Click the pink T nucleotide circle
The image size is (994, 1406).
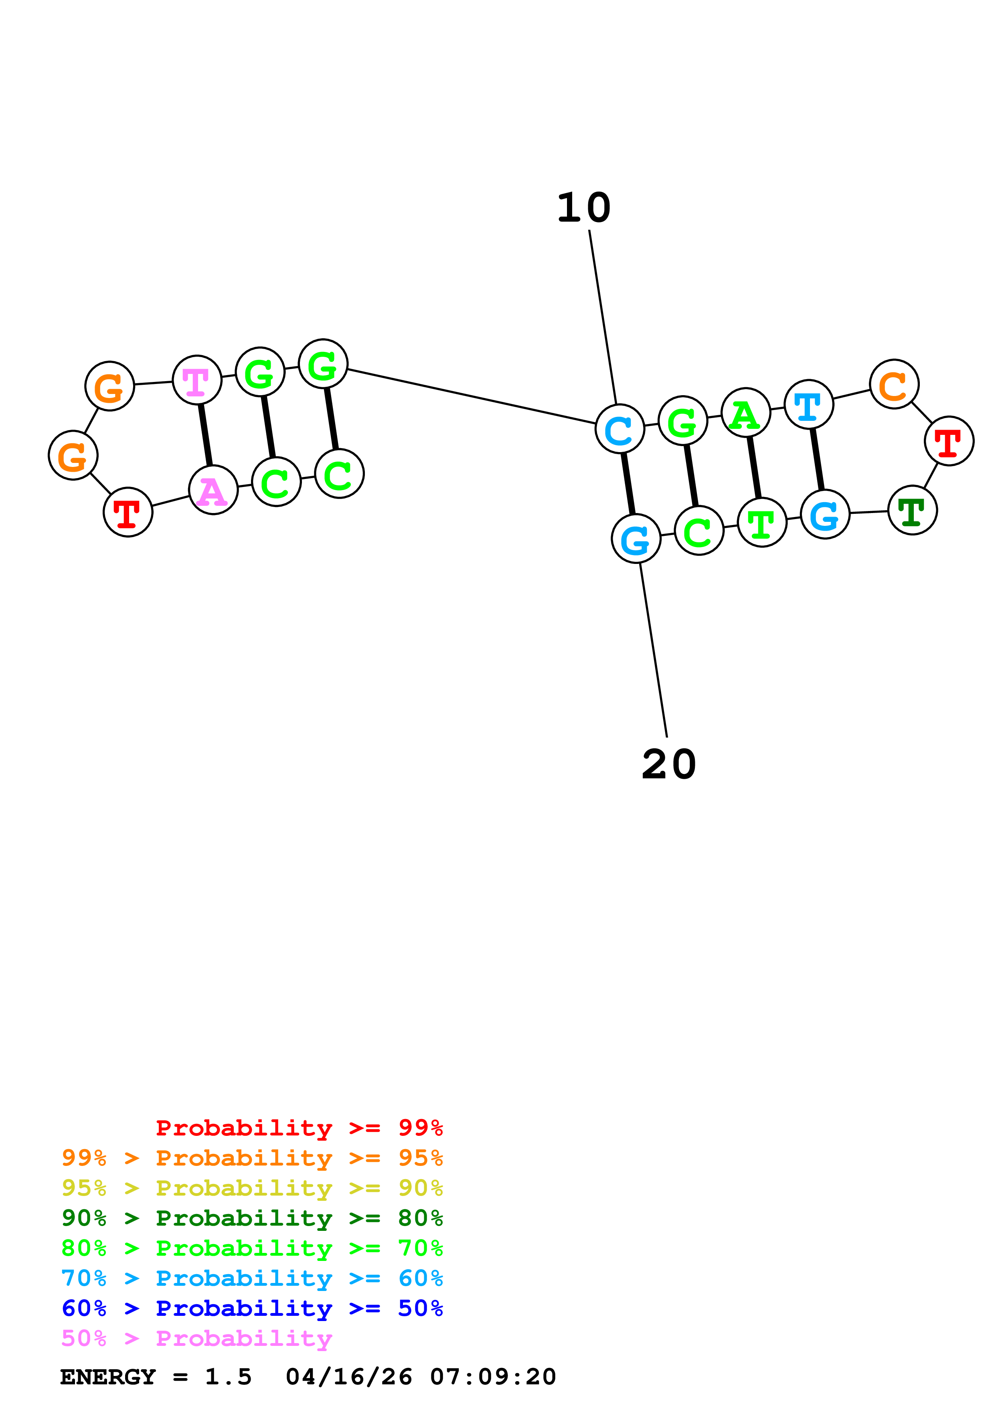[196, 380]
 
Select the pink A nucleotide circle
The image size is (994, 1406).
[213, 490]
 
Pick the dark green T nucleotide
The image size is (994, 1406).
[912, 510]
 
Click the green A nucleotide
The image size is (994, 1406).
[745, 413]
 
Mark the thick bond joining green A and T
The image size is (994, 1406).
[753, 467]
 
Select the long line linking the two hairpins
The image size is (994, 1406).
[472, 396]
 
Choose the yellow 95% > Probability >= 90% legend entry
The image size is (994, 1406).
[252, 1188]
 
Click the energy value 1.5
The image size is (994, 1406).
[228, 1377]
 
